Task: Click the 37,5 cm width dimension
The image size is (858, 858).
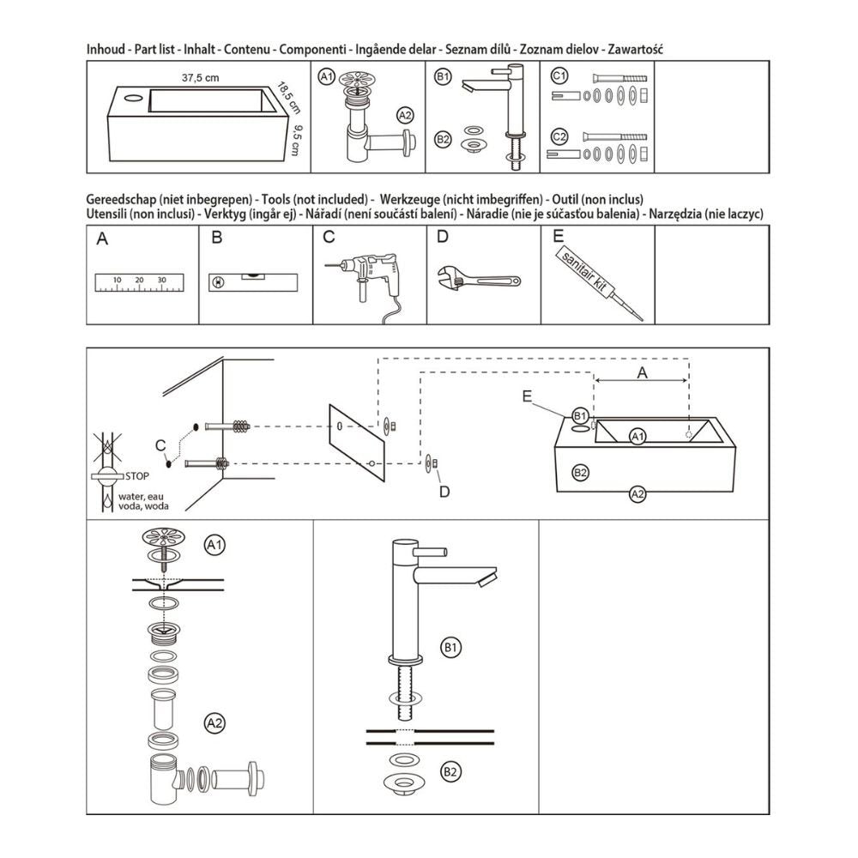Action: point(200,78)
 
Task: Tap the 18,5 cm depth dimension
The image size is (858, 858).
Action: point(288,98)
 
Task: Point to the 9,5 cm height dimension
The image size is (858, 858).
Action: point(297,140)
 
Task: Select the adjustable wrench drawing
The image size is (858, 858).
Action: point(479,280)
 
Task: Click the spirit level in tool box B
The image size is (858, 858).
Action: point(253,281)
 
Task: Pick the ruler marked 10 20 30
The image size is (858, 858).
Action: point(140,282)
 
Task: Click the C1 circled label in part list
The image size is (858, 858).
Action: point(559,76)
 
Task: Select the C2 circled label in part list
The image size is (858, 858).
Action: point(559,136)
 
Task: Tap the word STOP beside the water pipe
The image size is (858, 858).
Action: point(136,476)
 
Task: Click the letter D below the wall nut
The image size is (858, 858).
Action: point(444,492)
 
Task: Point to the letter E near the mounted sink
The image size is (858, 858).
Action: point(527,396)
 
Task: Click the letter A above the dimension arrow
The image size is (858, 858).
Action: point(642,372)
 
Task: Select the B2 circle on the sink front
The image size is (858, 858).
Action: point(580,472)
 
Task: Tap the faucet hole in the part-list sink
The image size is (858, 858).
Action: point(132,99)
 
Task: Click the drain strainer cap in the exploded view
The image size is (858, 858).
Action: point(164,537)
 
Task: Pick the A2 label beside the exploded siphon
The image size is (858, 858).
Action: point(214,723)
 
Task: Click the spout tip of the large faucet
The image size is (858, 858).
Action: point(486,580)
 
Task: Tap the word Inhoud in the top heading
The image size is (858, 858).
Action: point(106,49)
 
